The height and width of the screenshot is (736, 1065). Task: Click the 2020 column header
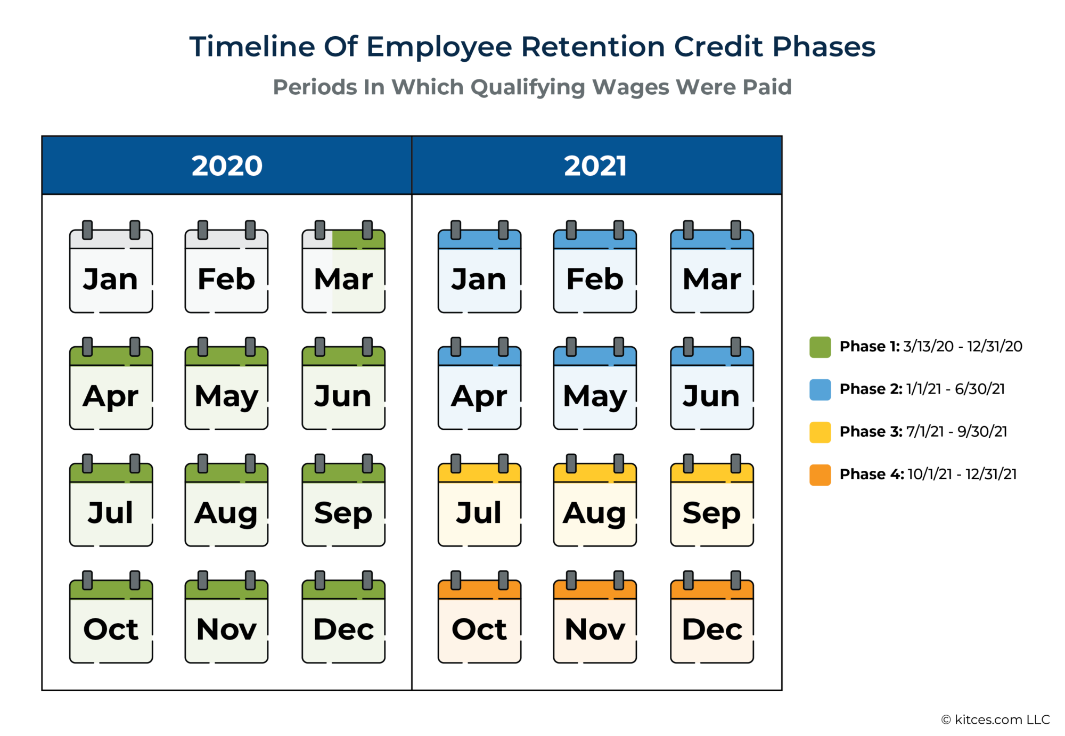[x=227, y=166]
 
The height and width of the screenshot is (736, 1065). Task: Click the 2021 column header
[x=596, y=166]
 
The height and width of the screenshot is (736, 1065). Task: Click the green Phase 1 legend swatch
[x=820, y=347]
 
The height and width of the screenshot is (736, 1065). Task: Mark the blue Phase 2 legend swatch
[x=820, y=390]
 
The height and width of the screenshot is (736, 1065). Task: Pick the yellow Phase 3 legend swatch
[x=820, y=432]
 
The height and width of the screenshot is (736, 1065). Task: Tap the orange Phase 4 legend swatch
[x=820, y=475]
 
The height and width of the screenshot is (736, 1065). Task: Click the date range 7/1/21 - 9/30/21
[x=956, y=431]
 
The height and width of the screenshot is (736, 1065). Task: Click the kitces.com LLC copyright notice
[x=995, y=720]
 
